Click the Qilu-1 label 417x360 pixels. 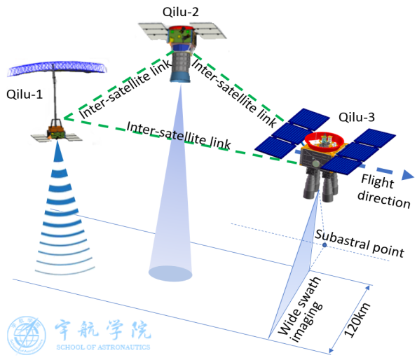tap(25, 95)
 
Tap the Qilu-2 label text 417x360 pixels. tap(181, 12)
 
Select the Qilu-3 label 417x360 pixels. tap(357, 117)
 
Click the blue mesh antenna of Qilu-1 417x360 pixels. tap(57, 68)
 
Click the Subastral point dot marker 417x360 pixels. tap(324, 244)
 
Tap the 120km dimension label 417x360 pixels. tap(357, 319)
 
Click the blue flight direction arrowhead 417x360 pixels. tap(408, 175)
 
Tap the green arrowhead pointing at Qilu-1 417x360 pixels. tap(68, 118)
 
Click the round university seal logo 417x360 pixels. tap(26, 335)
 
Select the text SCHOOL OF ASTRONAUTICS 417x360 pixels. tap(103, 347)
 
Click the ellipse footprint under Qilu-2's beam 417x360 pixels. tap(170, 274)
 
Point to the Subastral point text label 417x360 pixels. tap(360, 244)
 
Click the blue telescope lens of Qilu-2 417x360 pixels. tap(180, 77)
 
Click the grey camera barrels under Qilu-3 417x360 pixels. tap(320, 185)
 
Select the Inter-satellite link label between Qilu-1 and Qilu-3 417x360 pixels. tap(179, 135)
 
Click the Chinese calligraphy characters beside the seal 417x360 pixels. tap(103, 331)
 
